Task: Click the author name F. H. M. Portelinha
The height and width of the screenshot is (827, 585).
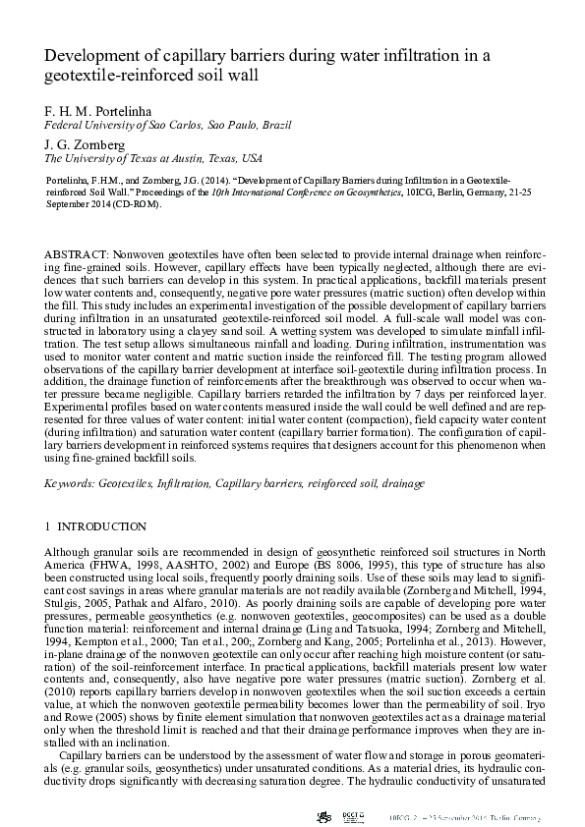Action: coord(95,110)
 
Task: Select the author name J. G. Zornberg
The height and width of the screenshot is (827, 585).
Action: coord(84,141)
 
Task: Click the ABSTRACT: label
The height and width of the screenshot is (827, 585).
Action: coord(78,253)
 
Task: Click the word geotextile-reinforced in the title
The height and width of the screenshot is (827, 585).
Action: coord(115,75)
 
